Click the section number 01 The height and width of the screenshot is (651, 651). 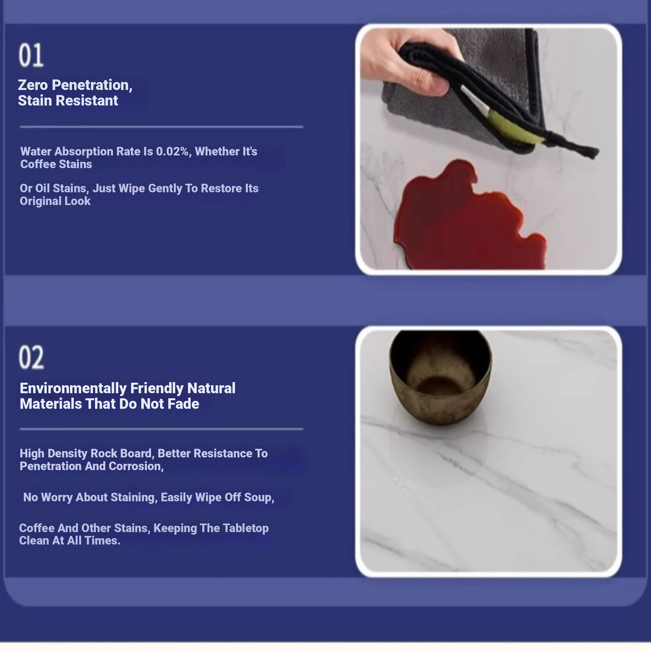click(31, 55)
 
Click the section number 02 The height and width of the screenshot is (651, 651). click(31, 357)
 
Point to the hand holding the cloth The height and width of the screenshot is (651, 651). click(408, 61)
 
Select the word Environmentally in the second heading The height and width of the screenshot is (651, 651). click(73, 388)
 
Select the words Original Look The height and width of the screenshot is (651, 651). click(55, 201)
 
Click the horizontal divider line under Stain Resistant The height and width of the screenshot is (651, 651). click(161, 127)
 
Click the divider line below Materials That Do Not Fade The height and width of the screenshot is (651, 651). click(161, 429)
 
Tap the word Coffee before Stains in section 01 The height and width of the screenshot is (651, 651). click(38, 164)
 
